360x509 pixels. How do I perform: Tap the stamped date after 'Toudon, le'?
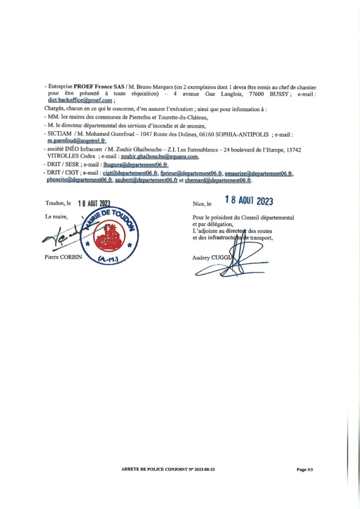94,203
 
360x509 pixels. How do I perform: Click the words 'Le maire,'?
56,217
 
